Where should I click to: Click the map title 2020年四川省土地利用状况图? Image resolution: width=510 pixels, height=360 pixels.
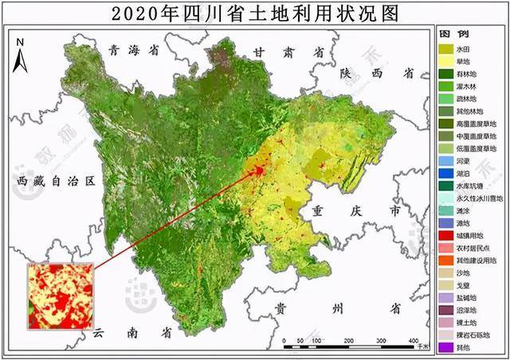pos(254,14)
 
